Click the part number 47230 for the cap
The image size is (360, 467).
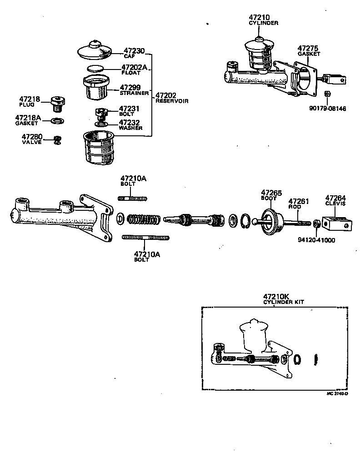134,51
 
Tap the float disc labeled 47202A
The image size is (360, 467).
95,68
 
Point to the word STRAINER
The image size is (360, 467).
134,93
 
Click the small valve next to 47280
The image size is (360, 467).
57,140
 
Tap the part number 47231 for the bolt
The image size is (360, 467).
129,109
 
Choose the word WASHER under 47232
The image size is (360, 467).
131,128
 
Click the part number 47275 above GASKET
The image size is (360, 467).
309,48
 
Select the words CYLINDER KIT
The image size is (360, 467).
284,302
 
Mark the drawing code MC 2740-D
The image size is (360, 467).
337,393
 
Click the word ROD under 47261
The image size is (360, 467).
295,206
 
